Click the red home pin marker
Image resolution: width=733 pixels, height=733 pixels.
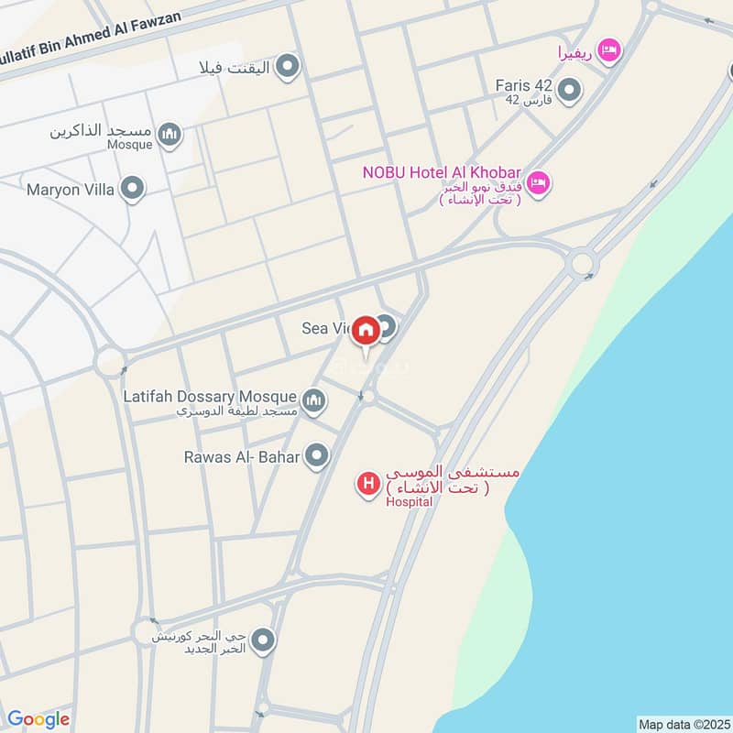point(366,331)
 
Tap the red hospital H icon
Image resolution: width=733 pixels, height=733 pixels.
point(368,483)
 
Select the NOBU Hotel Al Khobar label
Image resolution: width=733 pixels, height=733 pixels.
point(442,172)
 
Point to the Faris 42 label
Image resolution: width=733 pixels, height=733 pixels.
point(523,85)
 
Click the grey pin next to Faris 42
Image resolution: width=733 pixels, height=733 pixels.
point(570,90)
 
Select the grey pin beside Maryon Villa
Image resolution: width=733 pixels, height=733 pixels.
point(133,190)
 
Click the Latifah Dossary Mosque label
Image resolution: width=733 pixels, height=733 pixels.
point(210,397)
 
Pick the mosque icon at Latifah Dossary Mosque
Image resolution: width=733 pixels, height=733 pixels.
point(313,400)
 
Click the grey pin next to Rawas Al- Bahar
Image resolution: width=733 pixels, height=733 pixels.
point(317,455)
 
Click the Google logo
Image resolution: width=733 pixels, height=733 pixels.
point(38,719)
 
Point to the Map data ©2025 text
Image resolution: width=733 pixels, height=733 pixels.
point(682,724)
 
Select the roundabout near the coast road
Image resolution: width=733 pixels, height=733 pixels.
point(581,264)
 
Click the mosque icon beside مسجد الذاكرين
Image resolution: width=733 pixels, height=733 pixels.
point(169,136)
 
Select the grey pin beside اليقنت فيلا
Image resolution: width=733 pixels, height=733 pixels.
point(288,66)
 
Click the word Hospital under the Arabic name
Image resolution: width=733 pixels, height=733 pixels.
point(408,501)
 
